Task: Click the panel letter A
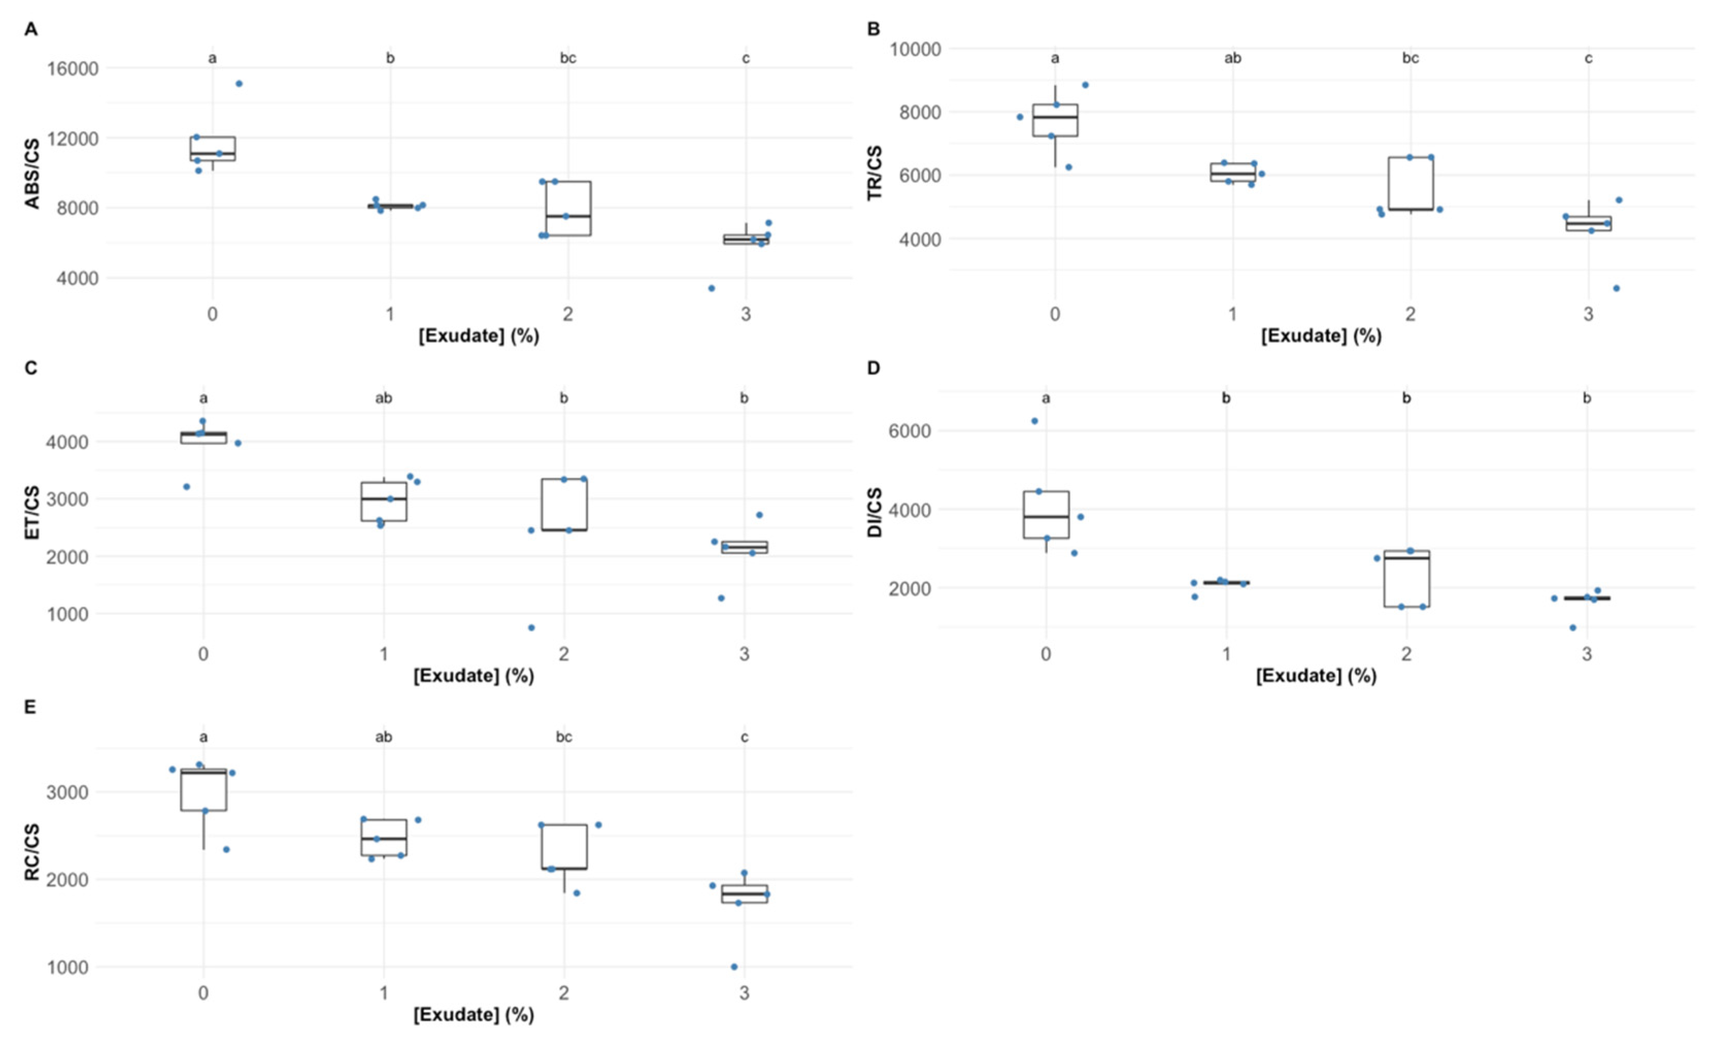click(30, 30)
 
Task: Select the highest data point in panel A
click(239, 84)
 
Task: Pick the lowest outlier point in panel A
click(712, 288)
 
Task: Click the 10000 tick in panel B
click(916, 49)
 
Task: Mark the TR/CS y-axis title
click(875, 174)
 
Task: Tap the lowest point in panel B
click(1616, 288)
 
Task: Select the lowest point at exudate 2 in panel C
click(531, 627)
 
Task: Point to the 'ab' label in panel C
click(383, 398)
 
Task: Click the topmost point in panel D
click(1034, 420)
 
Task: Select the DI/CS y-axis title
click(875, 513)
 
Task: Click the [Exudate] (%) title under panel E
click(474, 1015)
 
